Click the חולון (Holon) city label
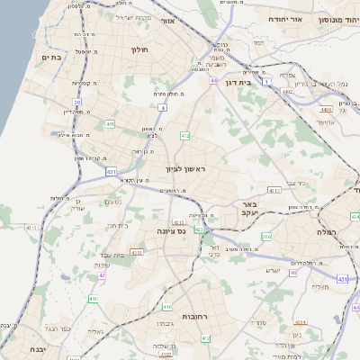[139, 50]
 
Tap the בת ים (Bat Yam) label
[49, 57]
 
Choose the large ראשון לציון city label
[186, 168]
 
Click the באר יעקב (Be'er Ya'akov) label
[249, 210]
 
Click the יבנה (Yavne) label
[37, 348]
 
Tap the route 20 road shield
[77, 103]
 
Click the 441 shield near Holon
[110, 124]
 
